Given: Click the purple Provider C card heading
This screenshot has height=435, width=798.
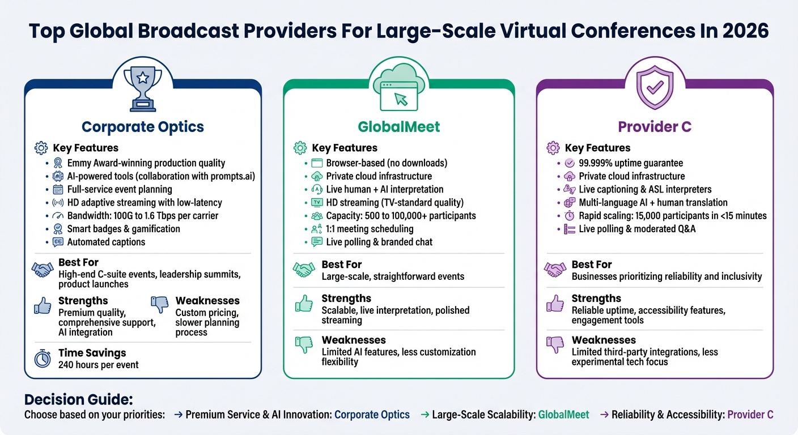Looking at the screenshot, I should pos(655,126).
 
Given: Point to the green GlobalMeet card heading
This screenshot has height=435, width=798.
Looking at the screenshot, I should pos(399,126).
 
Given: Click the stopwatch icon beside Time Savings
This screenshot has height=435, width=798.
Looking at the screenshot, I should pos(43,359).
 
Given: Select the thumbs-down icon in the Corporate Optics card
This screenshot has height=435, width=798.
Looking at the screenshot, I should pos(160,304).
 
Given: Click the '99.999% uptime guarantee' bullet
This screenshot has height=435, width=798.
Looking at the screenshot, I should pos(631,163).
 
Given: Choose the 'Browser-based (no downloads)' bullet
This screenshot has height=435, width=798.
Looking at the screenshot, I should pos(387,163).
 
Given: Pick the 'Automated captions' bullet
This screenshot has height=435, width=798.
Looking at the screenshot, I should pos(106,242).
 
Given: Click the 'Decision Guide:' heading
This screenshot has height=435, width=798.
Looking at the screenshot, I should pos(78,399).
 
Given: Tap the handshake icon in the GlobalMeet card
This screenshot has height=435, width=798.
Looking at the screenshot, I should pos(304,268).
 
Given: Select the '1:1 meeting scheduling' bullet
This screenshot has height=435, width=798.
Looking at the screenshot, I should pos(370,229).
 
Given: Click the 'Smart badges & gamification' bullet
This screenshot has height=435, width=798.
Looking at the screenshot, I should pos(124,229).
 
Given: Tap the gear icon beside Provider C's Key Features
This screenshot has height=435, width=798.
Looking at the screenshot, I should pos(553,148).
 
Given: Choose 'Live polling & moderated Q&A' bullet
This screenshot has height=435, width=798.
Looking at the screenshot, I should pos(637,229).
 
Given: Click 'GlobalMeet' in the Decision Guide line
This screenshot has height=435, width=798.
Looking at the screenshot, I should pos(563,415).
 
